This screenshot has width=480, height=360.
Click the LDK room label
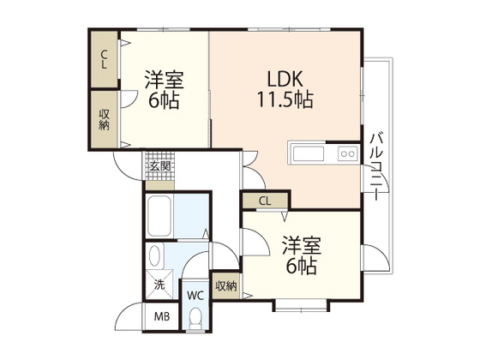pos(282,75)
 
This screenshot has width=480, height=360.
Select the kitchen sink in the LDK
pos(309,154)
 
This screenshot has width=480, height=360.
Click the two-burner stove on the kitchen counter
pos(348,154)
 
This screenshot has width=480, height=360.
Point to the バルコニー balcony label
pos(376,168)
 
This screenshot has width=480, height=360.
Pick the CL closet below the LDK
pos(265,201)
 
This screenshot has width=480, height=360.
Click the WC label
pos(195,295)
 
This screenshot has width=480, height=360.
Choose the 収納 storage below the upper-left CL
pos(105,120)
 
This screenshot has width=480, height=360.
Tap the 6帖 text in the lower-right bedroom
pos(301,267)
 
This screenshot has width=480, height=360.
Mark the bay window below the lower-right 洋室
pos(301,304)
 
